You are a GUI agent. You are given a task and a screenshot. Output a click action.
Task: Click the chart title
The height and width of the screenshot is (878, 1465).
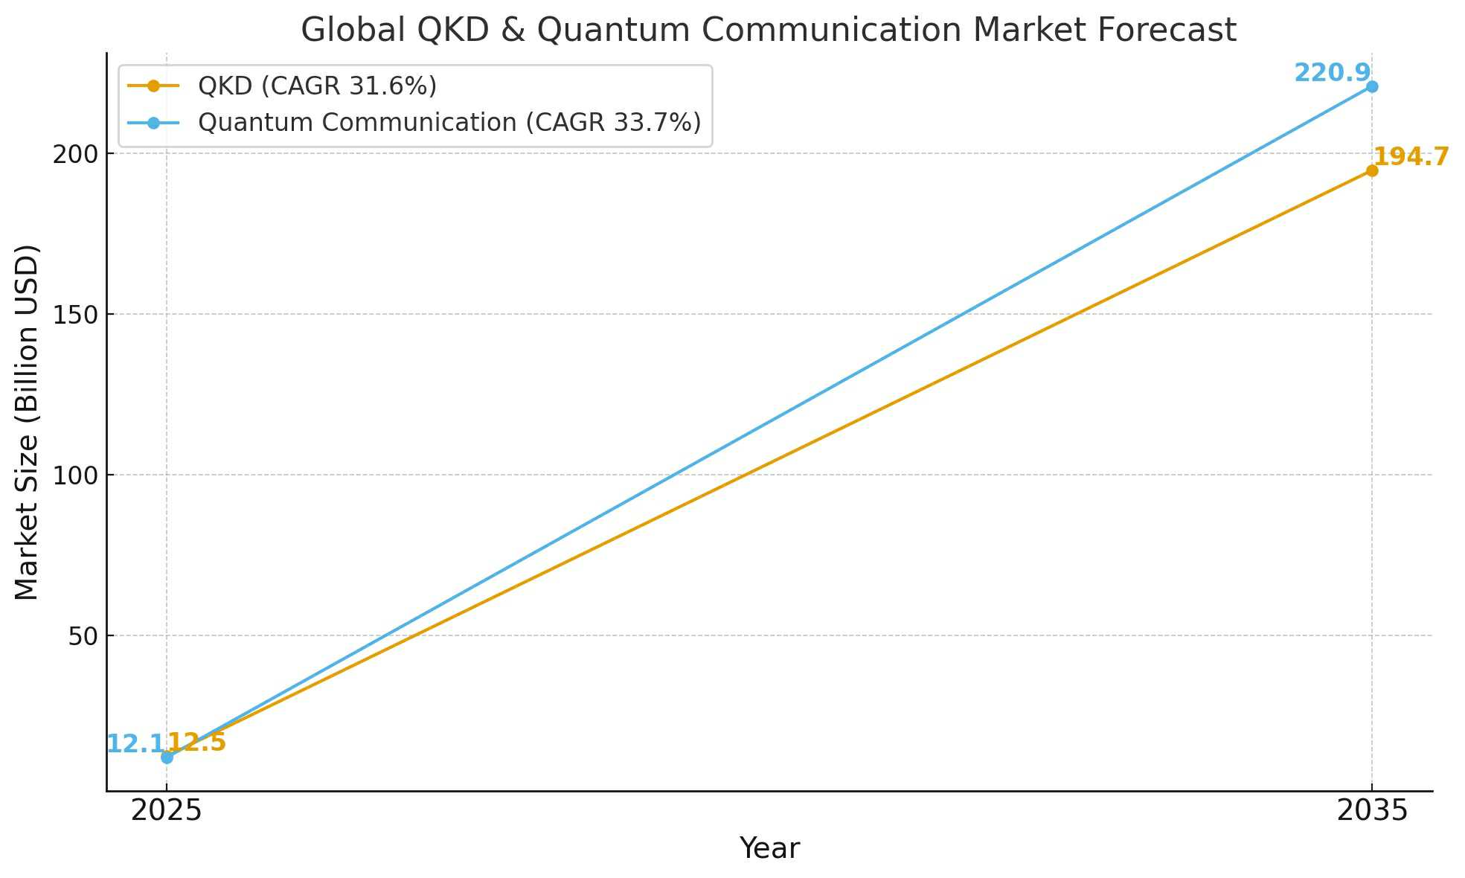point(768,31)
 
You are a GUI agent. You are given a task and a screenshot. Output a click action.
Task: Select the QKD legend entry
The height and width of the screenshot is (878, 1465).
point(317,86)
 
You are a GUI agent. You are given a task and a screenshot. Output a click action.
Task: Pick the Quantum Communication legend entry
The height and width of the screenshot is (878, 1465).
point(449,122)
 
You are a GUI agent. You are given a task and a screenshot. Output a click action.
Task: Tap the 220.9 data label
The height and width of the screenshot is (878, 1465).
point(1331,73)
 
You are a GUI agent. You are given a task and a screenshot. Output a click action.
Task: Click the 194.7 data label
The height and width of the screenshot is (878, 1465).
point(1411,157)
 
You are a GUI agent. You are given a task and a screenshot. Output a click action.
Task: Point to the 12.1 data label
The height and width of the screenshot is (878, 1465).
point(135,743)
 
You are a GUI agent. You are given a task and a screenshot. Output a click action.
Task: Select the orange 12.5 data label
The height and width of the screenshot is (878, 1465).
point(197,742)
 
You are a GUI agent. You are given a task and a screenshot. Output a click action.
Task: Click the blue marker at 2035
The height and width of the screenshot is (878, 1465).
point(1371,87)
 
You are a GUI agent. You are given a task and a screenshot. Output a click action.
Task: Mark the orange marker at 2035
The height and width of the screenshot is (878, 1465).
point(1371,171)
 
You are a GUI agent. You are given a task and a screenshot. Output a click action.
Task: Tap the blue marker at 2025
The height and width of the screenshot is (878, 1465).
point(167,757)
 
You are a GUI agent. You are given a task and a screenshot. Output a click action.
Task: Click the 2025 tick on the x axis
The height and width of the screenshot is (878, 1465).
point(167,810)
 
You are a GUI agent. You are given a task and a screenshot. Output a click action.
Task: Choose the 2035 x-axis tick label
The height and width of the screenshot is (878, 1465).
point(1372,810)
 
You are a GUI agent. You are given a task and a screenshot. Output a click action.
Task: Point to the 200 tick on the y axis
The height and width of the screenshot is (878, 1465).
point(75,154)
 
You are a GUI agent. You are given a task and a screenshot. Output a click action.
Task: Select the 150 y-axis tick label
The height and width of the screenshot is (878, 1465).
point(75,315)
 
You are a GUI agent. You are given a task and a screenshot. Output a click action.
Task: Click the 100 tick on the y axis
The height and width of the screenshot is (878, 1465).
point(75,475)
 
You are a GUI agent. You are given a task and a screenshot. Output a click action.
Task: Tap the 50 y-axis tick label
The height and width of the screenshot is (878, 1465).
point(83,636)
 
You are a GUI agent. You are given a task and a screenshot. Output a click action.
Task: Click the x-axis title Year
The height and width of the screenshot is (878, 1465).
point(769,848)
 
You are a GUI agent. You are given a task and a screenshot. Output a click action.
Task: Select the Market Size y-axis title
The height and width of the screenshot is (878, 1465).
point(27,422)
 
